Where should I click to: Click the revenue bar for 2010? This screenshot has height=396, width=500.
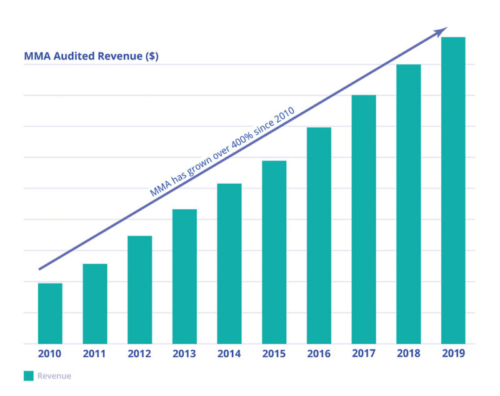pyautogui.click(x=50, y=313)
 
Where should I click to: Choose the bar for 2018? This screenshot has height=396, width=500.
pyautogui.click(x=408, y=204)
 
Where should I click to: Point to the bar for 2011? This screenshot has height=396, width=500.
pyautogui.click(x=95, y=304)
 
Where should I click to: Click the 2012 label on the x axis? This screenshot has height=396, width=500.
pyautogui.click(x=139, y=354)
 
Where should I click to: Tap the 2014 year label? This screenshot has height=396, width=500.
pyautogui.click(x=229, y=354)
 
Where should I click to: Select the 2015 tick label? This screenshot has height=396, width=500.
pyautogui.click(x=274, y=354)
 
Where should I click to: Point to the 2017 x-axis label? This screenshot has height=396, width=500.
pyautogui.click(x=364, y=354)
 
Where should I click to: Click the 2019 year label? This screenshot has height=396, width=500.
pyautogui.click(x=453, y=354)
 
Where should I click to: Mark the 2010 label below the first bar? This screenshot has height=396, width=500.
pyautogui.click(x=50, y=354)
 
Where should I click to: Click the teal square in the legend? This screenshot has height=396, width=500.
pyautogui.click(x=28, y=376)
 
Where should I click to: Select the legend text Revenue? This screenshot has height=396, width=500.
pyautogui.click(x=54, y=376)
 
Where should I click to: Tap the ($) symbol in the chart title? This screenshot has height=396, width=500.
pyautogui.click(x=151, y=56)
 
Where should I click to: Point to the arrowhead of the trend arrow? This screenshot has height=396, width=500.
pyautogui.click(x=443, y=30)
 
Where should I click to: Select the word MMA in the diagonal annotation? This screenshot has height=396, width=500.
pyautogui.click(x=159, y=189)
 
